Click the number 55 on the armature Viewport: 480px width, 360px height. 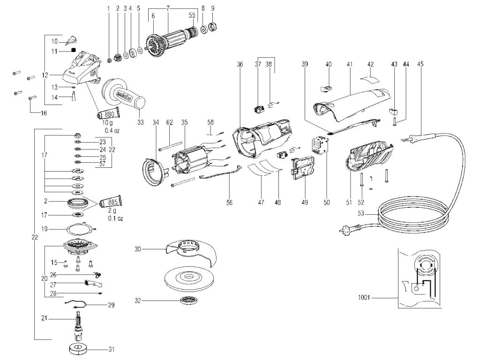[192, 15]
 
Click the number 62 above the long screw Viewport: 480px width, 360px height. [169, 122]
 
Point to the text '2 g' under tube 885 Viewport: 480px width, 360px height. [110, 211]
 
